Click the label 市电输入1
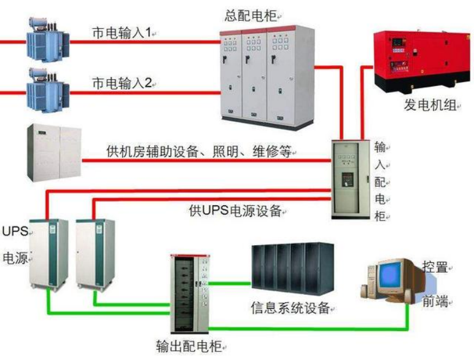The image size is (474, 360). (121, 33)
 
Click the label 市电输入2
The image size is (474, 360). (121, 82)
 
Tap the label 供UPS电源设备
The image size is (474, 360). (236, 211)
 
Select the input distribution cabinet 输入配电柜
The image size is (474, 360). (351, 179)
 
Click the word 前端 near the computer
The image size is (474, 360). (436, 301)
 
